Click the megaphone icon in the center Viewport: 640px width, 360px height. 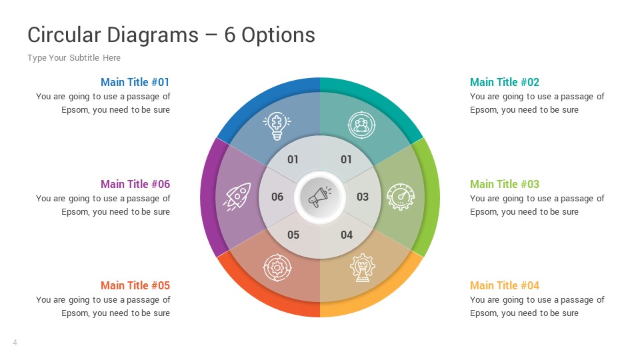click(x=320, y=197)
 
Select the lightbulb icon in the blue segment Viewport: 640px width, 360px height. click(x=277, y=125)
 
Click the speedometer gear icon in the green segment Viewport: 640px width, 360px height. click(x=400, y=197)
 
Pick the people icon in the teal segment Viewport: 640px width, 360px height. click(x=361, y=125)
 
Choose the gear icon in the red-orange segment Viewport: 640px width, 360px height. click(x=277, y=267)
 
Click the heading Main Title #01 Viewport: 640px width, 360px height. click(x=135, y=82)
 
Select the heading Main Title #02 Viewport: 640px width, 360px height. click(x=505, y=82)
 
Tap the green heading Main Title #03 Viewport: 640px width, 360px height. click(x=505, y=184)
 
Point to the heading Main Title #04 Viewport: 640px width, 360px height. click(x=505, y=285)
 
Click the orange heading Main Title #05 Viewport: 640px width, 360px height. click(x=135, y=285)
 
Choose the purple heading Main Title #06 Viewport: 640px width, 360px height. click(x=135, y=184)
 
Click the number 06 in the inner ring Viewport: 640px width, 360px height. click(x=277, y=197)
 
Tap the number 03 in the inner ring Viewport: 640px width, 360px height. click(x=363, y=197)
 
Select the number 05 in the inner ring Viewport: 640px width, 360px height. click(x=293, y=235)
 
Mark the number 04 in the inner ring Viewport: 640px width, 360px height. click(x=347, y=235)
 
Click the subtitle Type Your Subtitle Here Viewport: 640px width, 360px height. click(x=74, y=58)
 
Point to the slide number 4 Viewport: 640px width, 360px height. click(x=15, y=343)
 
